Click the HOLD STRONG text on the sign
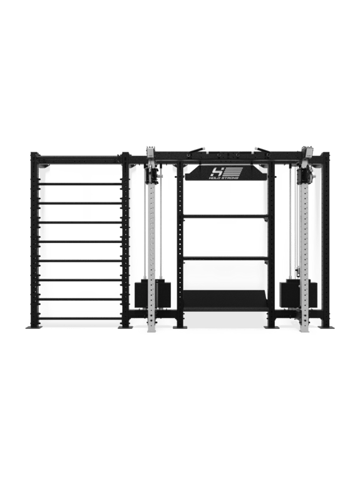coord(225,178)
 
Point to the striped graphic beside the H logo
coord(233,171)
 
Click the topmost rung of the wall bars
coord(80,184)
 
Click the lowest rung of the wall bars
coord(80,318)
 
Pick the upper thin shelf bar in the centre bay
coord(225,216)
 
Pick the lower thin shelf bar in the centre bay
coord(225,259)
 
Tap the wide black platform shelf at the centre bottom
coord(225,301)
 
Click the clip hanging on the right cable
coord(297,271)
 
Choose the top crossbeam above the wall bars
coord(80,159)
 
